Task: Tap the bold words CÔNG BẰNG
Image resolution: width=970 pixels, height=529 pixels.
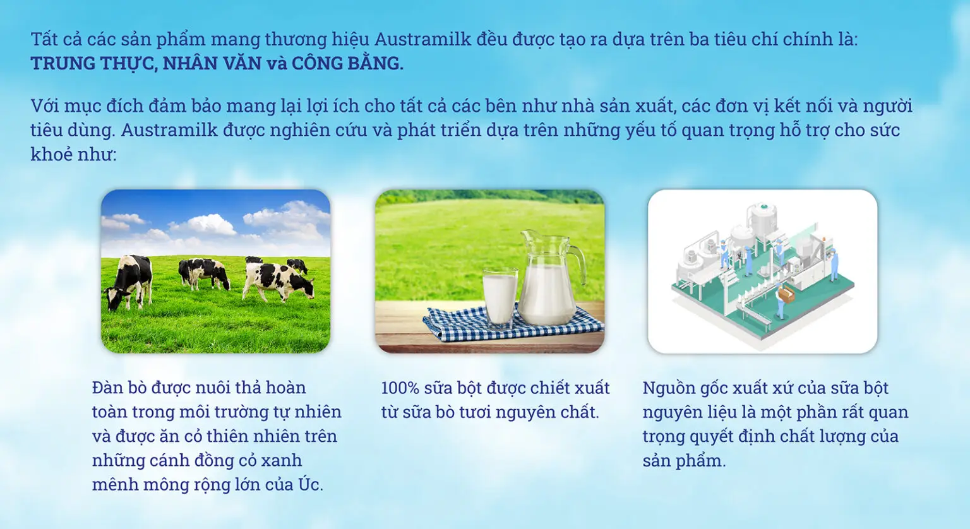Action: pyautogui.click(x=347, y=64)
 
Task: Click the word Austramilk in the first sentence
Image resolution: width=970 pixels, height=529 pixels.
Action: pyautogui.click(x=422, y=39)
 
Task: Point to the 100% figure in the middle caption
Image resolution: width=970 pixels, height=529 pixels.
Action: pyautogui.click(x=400, y=388)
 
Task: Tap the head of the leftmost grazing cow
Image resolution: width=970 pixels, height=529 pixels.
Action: pyautogui.click(x=113, y=297)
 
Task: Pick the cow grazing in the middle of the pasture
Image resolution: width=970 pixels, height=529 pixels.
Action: pyautogui.click(x=204, y=273)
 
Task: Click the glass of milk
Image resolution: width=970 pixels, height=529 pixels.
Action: pyautogui.click(x=500, y=297)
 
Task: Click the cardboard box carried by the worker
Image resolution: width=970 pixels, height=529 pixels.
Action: pyautogui.click(x=786, y=294)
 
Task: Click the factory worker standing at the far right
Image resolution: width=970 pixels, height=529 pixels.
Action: pyautogui.click(x=833, y=264)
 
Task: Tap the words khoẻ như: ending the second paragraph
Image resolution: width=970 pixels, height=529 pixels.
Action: pyautogui.click(x=73, y=154)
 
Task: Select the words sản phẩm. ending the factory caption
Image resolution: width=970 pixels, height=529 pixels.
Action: pyautogui.click(x=684, y=461)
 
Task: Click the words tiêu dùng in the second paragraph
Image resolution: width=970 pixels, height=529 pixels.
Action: pyautogui.click(x=71, y=130)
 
